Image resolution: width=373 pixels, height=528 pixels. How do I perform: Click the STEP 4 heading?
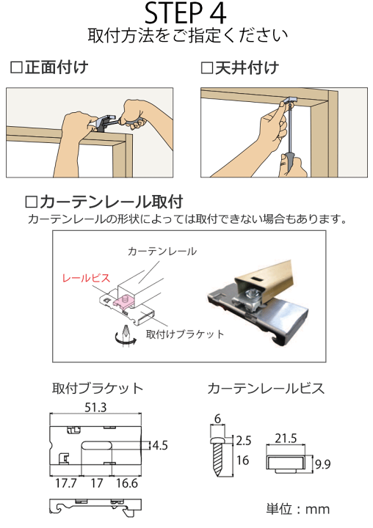point(186,13)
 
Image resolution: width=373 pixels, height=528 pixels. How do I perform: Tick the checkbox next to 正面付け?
point(16,68)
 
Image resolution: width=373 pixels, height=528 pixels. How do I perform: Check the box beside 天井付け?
point(206,68)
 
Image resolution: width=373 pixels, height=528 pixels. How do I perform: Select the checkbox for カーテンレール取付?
point(31,201)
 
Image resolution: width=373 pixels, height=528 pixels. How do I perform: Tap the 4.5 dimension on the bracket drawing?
point(160,444)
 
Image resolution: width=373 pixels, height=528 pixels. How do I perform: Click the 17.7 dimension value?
point(67,483)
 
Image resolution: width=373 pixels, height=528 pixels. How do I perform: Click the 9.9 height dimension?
point(323,463)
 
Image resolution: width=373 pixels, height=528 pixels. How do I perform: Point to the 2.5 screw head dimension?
point(244,440)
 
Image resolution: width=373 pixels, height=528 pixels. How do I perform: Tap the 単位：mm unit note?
point(297,508)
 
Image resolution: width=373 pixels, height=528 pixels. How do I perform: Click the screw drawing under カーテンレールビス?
point(220,455)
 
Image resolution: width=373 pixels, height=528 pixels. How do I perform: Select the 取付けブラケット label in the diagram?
point(185,334)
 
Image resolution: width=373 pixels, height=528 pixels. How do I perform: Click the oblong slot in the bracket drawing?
point(99,445)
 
